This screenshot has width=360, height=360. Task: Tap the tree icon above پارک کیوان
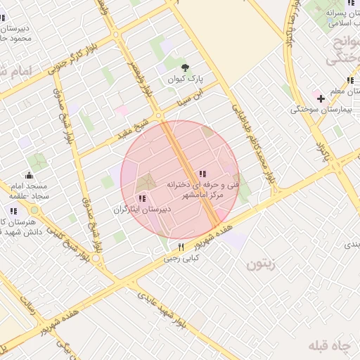click(185, 68)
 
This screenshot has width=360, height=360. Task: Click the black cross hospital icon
click(321, 98)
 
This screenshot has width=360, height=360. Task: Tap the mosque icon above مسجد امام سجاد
click(29, 175)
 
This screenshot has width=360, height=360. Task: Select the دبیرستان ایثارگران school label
click(140, 210)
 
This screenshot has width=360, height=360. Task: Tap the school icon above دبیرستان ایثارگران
click(143, 199)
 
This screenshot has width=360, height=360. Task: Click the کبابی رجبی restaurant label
click(182, 258)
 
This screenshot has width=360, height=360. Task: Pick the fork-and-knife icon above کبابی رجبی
click(181, 247)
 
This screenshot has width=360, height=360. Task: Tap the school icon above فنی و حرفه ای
click(202, 174)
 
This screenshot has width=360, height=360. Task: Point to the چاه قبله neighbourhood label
click(329, 347)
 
